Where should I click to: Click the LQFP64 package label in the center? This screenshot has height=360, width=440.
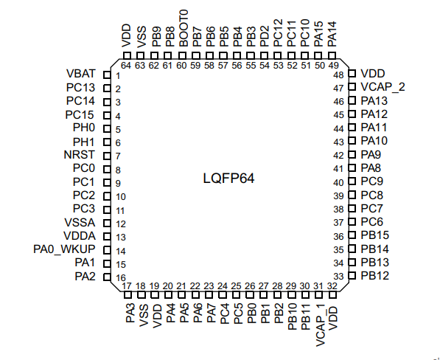(228, 179)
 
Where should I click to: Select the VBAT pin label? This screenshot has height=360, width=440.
(81, 74)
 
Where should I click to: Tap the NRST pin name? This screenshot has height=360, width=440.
(80, 155)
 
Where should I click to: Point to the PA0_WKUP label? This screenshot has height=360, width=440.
(64, 249)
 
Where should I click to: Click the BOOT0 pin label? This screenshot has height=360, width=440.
(184, 28)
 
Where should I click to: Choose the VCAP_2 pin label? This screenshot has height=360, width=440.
(383, 87)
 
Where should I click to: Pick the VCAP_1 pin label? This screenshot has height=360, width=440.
(320, 325)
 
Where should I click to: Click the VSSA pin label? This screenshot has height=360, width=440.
(80, 223)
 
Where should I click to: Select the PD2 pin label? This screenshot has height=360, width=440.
(265, 36)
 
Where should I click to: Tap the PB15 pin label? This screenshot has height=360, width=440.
(375, 235)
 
